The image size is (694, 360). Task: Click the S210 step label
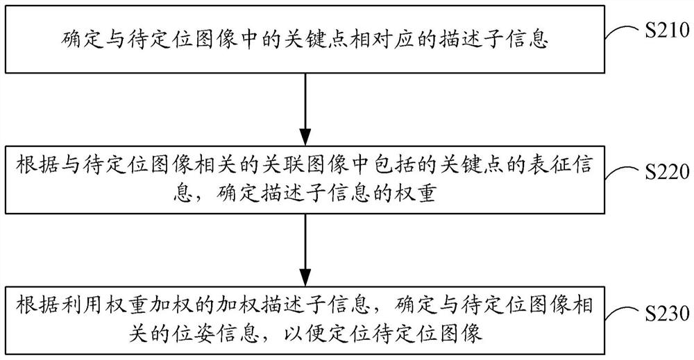pyautogui.click(x=667, y=31)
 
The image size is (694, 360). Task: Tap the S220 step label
pyautogui.click(x=667, y=172)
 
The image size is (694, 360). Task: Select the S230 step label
pyautogui.click(x=667, y=314)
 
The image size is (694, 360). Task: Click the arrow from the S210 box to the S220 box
pyautogui.click(x=305, y=109)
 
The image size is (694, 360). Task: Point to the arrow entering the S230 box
pyautogui.click(x=305, y=250)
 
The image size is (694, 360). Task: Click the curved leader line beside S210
pyautogui.click(x=623, y=33)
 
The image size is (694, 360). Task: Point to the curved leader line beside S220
pyautogui.click(x=623, y=174)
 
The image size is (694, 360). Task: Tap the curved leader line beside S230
pyautogui.click(x=623, y=315)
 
